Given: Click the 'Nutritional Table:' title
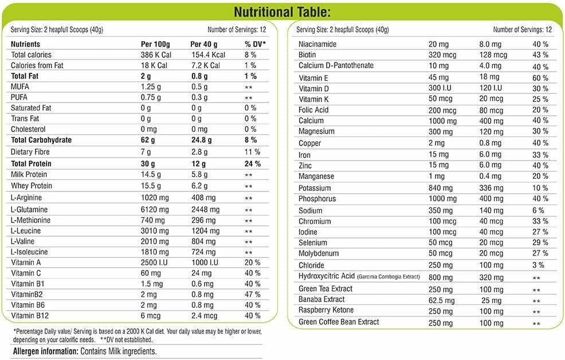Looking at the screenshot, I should coord(282,13).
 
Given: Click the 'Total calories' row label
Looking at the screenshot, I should coord(32,54).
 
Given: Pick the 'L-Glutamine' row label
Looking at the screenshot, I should coord(29,209).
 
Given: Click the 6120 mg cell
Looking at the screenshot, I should coord(155,209).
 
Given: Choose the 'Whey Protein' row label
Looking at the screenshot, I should coord(32,186).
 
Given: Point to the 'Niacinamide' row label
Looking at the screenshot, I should coord(317,44).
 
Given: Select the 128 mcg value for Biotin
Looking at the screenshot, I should coord(493,55).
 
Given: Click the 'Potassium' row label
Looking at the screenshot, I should coord(315,188).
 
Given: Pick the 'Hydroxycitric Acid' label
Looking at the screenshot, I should coord(327,277).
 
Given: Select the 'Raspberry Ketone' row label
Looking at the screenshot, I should coord(327,310).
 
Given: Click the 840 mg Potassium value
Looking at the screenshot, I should coord(441,188).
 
